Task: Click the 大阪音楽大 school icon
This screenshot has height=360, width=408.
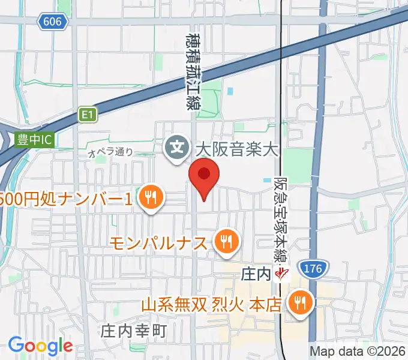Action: (178, 146)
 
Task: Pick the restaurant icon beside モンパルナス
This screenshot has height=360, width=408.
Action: (226, 242)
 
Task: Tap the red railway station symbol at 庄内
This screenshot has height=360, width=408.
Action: (280, 275)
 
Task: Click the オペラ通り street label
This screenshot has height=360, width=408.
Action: (110, 153)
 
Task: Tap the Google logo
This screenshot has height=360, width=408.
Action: (40, 345)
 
